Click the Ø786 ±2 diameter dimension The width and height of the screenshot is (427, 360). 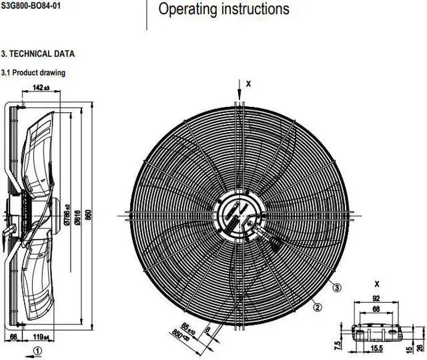pos(66,212)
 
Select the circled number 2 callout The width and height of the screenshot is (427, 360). pos(318,307)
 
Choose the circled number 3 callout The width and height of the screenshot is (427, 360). pos(338,287)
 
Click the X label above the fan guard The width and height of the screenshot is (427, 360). pos(248,84)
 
